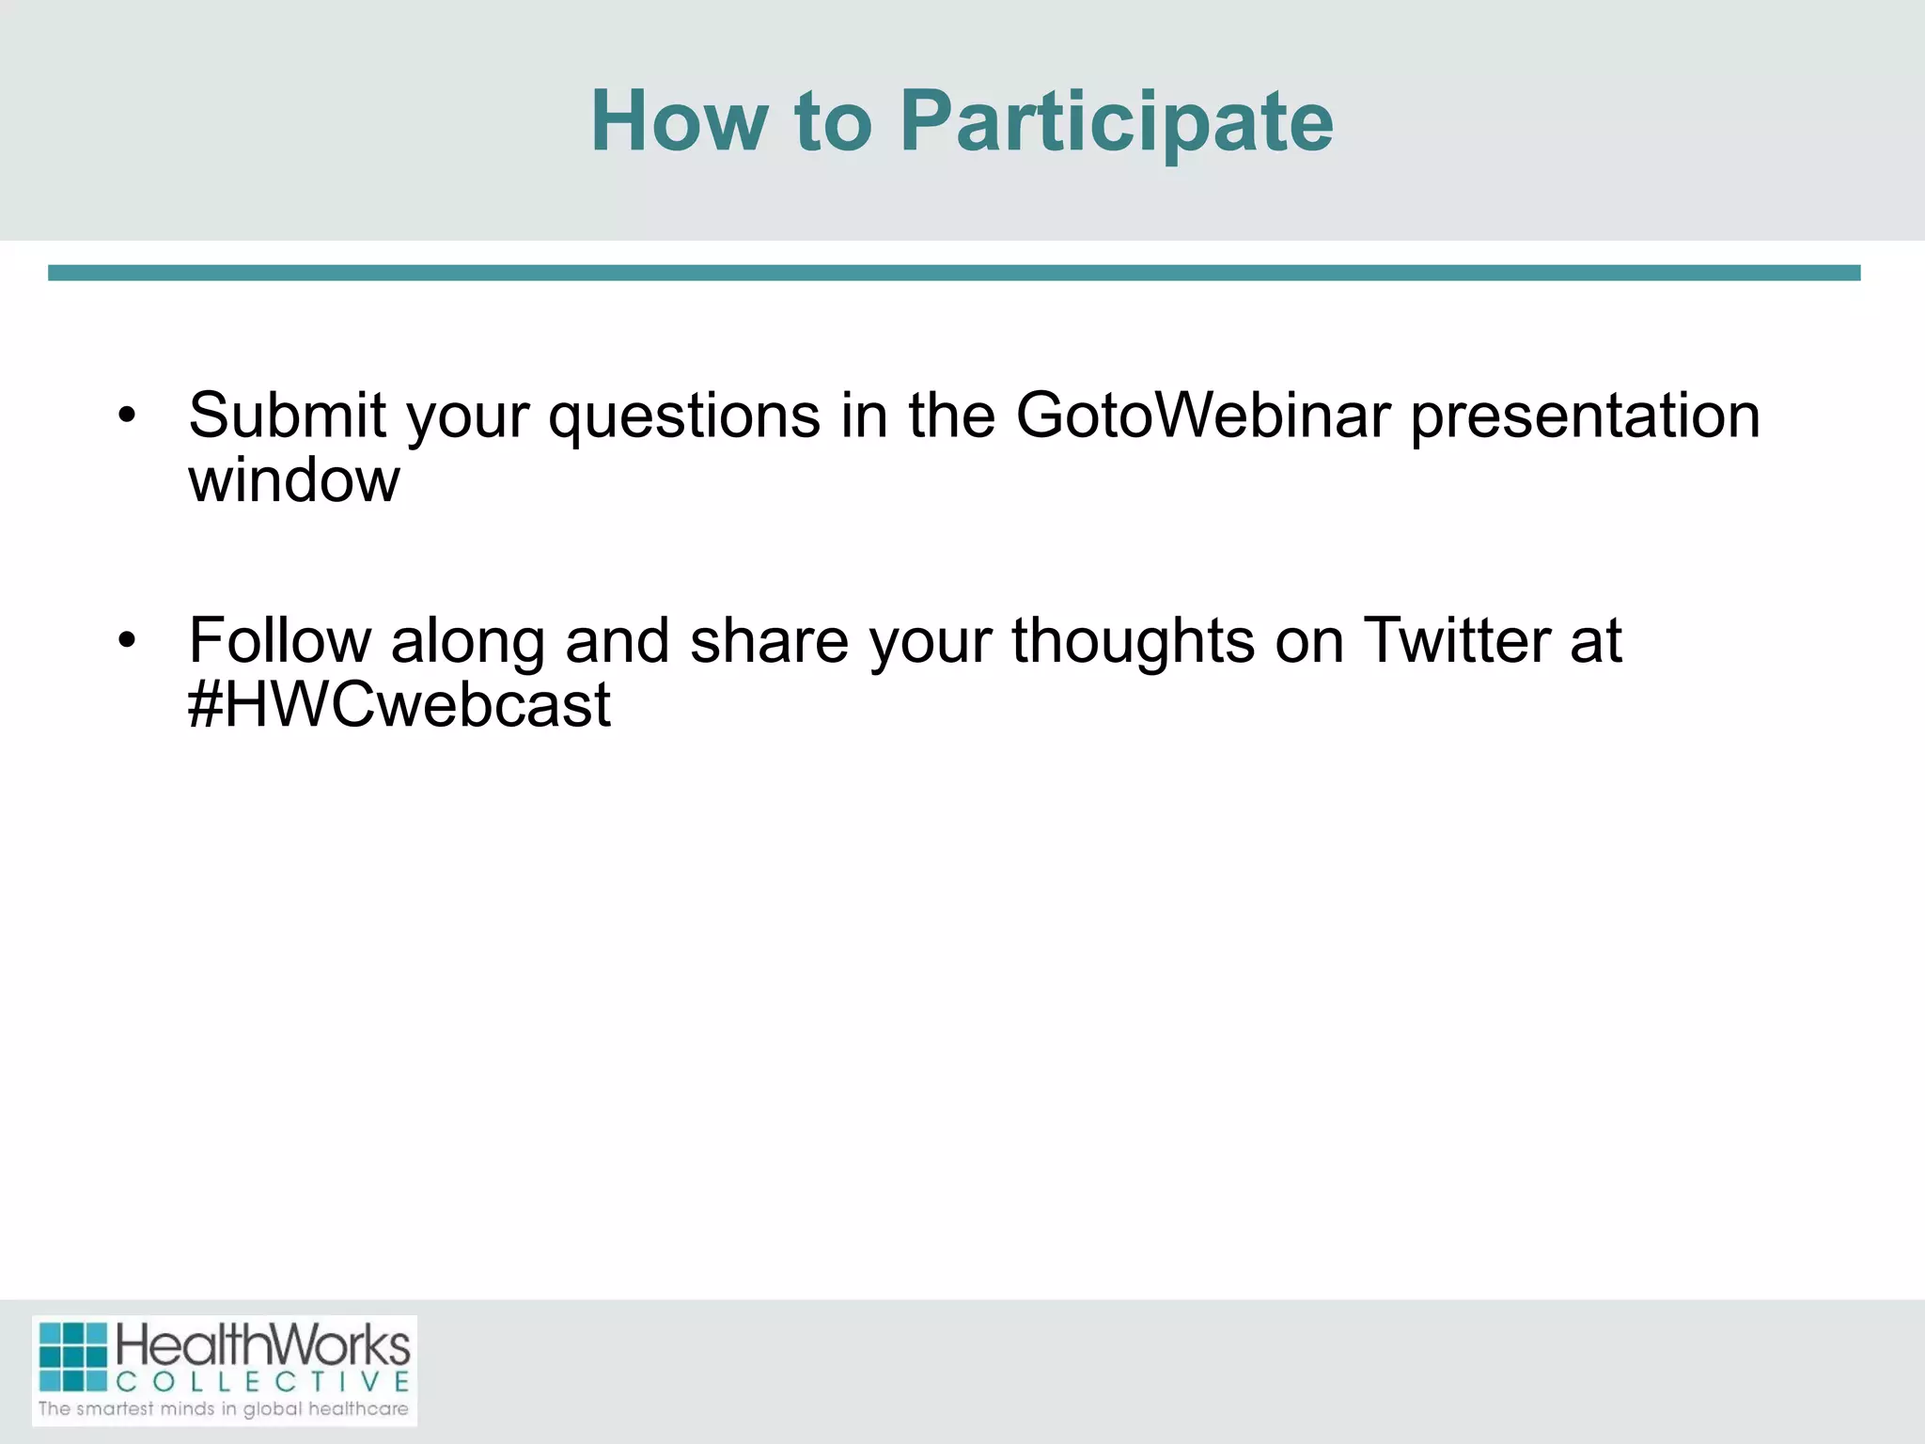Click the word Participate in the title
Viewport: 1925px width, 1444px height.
[1117, 122]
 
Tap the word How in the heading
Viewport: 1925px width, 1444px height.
[679, 122]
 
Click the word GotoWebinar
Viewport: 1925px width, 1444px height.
[1202, 415]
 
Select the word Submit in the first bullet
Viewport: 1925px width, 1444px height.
[287, 415]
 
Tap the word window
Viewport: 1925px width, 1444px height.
[293, 480]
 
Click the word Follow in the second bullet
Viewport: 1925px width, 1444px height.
[279, 640]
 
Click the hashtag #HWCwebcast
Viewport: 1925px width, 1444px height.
[399, 705]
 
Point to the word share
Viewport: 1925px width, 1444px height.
[769, 640]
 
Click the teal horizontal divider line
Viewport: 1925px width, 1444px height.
[953, 273]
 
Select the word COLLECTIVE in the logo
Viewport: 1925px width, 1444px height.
[262, 1382]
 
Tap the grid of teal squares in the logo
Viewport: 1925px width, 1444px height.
[73, 1357]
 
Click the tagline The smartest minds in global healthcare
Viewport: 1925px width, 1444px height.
[224, 1409]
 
